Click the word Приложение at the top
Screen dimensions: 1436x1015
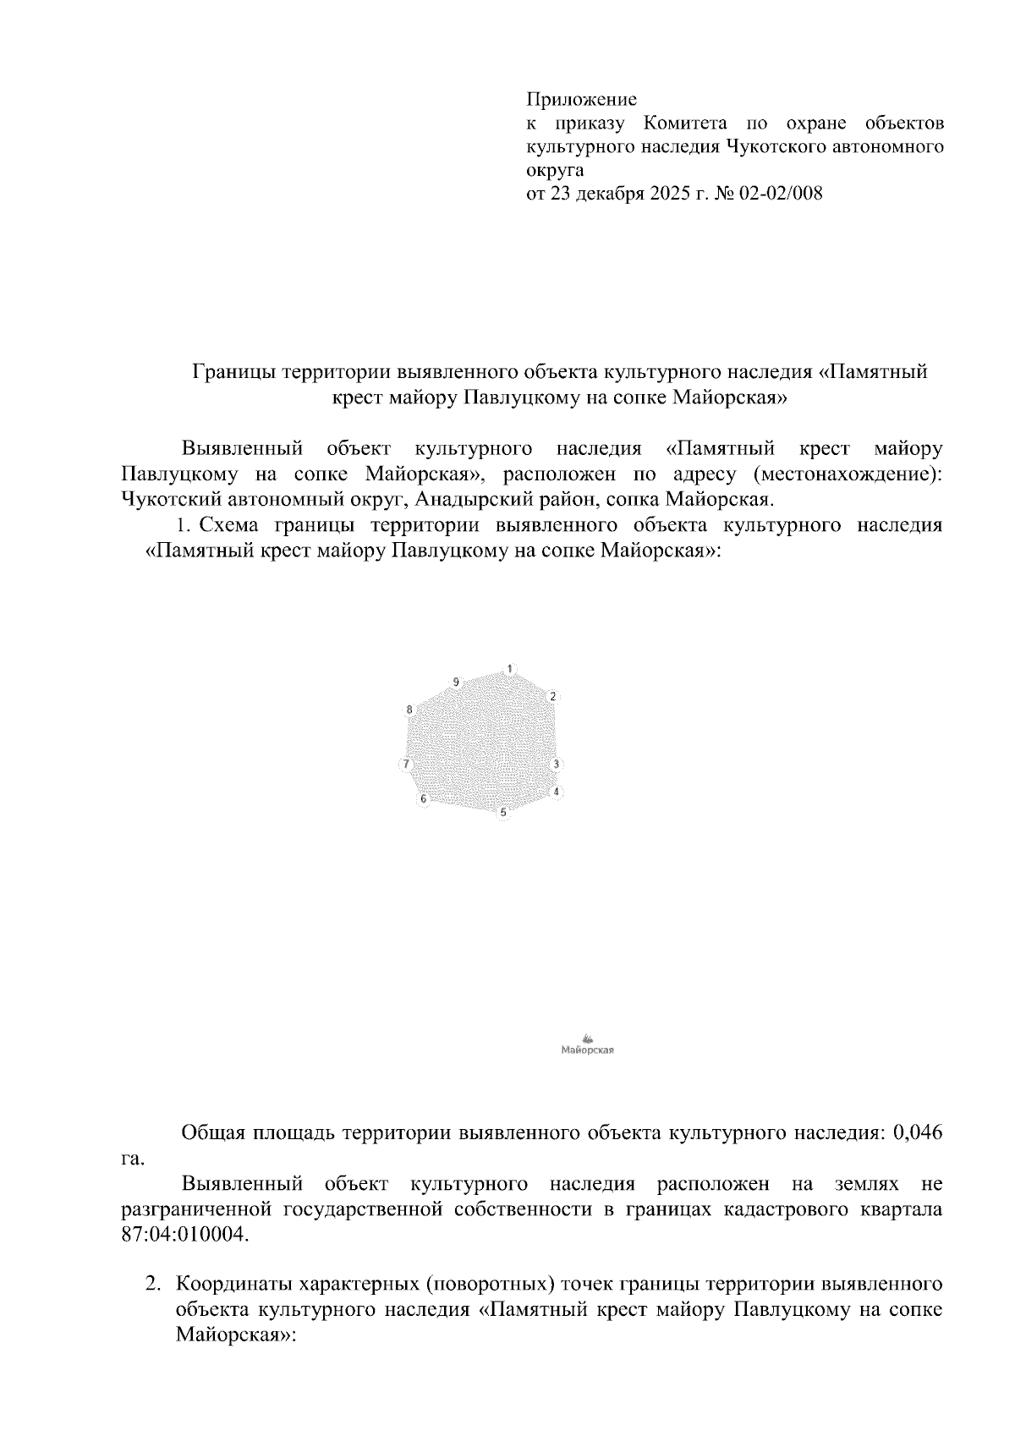point(581,100)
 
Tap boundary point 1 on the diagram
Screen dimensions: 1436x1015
point(509,669)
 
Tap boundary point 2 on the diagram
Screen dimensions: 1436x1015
point(552,697)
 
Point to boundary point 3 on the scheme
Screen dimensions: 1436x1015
point(556,765)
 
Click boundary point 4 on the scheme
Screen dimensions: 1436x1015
point(556,792)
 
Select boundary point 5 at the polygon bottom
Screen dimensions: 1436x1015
point(503,813)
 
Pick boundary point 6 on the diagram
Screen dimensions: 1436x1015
point(424,798)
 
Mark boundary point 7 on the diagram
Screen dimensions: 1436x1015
point(407,765)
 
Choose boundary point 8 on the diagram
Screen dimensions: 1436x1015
point(409,710)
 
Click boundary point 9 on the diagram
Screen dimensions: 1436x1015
point(456,682)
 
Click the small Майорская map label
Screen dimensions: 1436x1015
point(587,1051)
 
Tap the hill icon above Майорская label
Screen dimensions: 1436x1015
point(588,1039)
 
